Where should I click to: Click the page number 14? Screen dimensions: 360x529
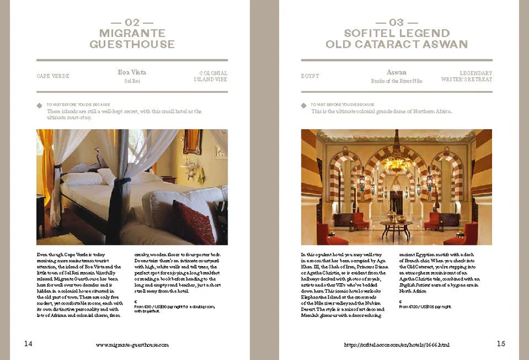tap(28, 343)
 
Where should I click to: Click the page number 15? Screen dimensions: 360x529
tap(501, 343)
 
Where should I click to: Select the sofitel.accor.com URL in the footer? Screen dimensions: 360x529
tap(396, 345)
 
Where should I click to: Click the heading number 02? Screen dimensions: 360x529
tap(132, 22)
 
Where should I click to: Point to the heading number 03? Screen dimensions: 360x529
tap(396, 22)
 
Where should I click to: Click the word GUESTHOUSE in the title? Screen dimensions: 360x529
tap(132, 44)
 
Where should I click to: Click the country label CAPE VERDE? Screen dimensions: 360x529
tap(53, 76)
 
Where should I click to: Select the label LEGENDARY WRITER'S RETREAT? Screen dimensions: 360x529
tap(467, 76)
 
